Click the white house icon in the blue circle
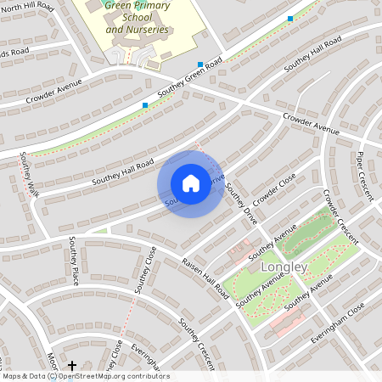click(x=191, y=183)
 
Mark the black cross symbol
click(x=72, y=364)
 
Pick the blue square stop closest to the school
click(x=200, y=65)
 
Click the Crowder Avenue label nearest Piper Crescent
click(x=310, y=124)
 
